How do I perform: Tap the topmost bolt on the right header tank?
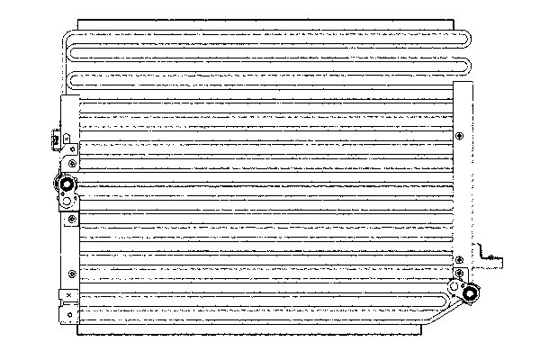461,137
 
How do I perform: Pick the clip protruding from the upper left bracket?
56,139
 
